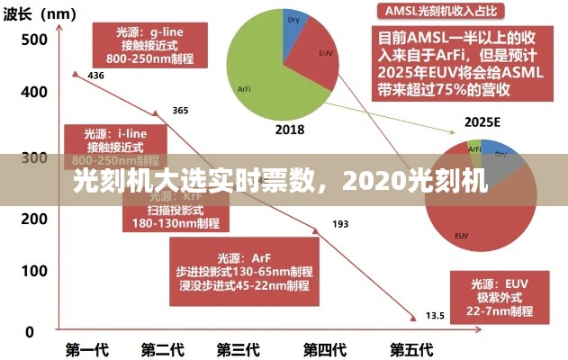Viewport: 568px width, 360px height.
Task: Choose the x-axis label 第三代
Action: [239, 349]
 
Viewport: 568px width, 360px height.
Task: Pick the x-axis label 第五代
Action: [410, 349]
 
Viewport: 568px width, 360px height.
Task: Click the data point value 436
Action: [96, 76]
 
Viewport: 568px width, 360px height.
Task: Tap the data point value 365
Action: [180, 111]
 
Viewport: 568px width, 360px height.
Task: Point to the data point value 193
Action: [340, 223]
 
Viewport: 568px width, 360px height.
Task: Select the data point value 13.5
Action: [435, 315]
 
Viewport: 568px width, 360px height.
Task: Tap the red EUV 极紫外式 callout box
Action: [497, 296]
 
